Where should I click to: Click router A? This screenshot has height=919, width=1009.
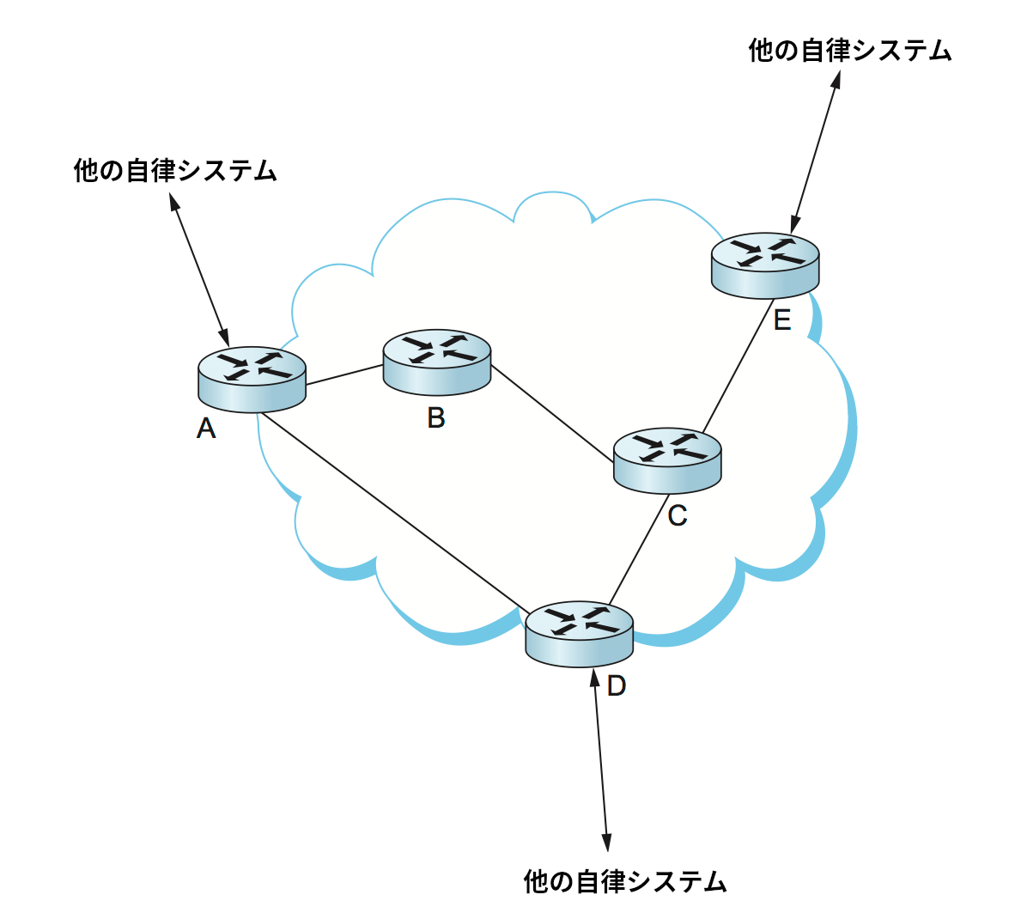pyautogui.click(x=252, y=379)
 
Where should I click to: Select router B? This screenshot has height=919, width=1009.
pyautogui.click(x=436, y=362)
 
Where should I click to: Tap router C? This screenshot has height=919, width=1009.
pyautogui.click(x=667, y=460)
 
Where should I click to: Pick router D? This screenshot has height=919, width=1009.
pyautogui.click(x=579, y=633)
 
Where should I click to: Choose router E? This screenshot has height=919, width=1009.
pyautogui.click(x=765, y=265)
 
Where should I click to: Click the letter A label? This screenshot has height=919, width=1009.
pyautogui.click(x=206, y=428)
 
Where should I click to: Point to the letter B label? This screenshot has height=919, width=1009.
pyautogui.click(x=436, y=417)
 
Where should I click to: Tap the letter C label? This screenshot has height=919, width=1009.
pyautogui.click(x=677, y=515)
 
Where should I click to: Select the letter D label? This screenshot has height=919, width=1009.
pyautogui.click(x=617, y=685)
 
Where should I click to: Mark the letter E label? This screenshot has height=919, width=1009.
pyautogui.click(x=781, y=320)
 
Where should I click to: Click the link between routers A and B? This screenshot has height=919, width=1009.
pyautogui.click(x=344, y=375)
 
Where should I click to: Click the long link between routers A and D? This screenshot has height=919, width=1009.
pyautogui.click(x=395, y=512)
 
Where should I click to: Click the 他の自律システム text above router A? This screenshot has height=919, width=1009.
pyautogui.click(x=176, y=170)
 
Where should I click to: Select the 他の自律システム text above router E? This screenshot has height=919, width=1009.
pyautogui.click(x=850, y=50)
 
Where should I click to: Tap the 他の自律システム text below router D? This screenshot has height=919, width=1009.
pyautogui.click(x=625, y=881)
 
